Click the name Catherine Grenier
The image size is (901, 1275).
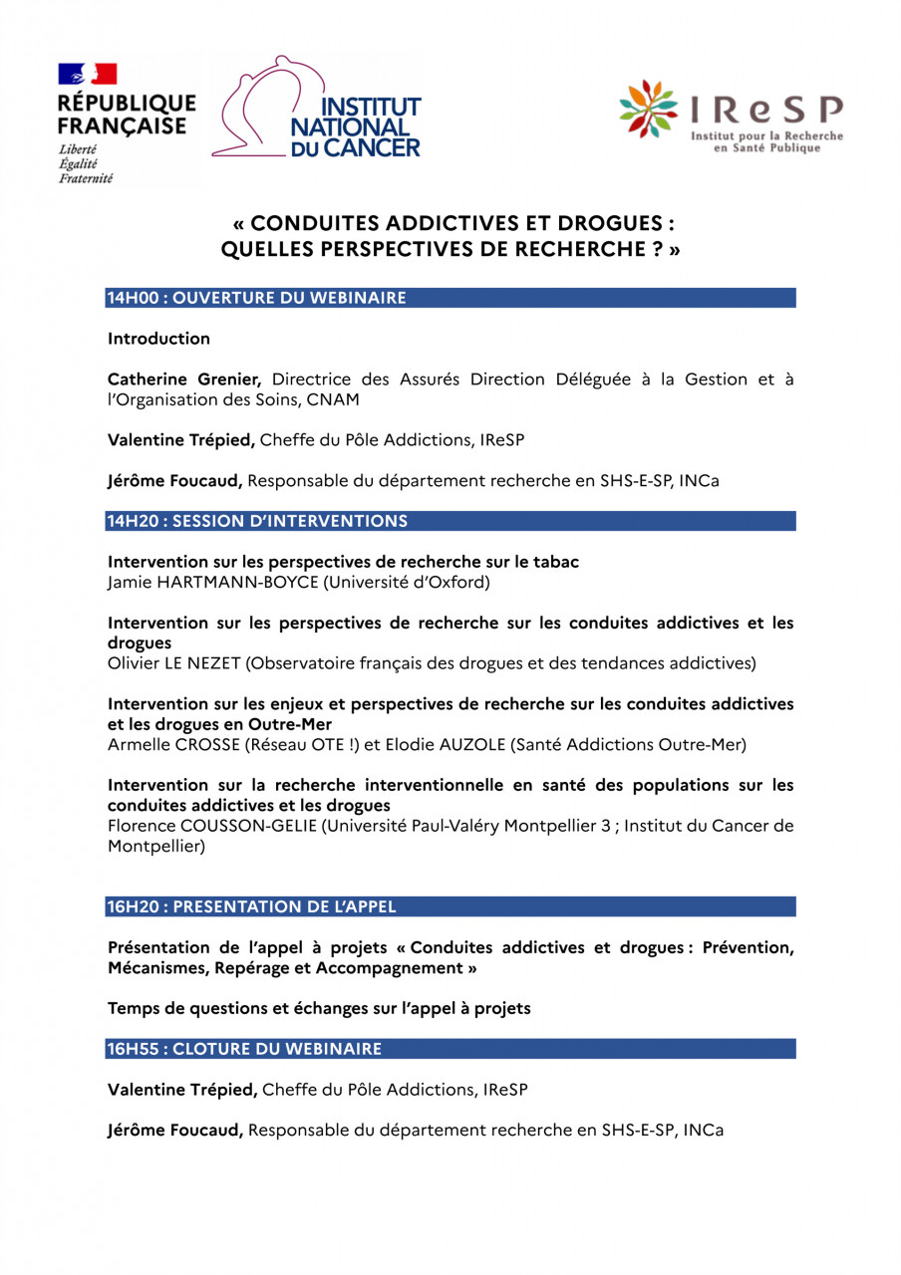click(184, 380)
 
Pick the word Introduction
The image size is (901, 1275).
click(158, 339)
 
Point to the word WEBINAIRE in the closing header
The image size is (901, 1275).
click(333, 1049)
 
